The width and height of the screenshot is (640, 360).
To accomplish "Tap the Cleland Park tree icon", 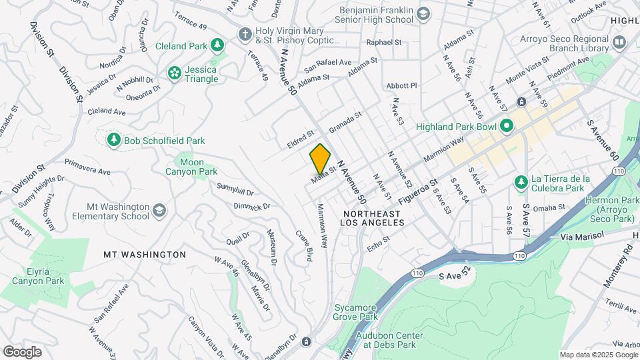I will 217,45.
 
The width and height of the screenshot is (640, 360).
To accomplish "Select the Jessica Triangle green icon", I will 175,72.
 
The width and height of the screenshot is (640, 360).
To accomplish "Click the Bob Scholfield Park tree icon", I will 113,139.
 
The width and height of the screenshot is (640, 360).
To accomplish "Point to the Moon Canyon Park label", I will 191,167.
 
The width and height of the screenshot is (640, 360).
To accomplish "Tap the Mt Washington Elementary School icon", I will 159,211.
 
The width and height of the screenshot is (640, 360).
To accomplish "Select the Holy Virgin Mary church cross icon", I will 245,33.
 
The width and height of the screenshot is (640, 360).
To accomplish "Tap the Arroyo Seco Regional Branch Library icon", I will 619,43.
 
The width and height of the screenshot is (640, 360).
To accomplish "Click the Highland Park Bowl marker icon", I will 507,125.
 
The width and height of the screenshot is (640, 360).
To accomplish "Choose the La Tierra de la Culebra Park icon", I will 521,182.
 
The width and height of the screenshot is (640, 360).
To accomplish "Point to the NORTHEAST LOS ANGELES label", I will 371,219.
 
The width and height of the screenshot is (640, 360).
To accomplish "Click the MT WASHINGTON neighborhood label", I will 145,255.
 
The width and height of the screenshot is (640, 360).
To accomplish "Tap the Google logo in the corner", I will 21,351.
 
